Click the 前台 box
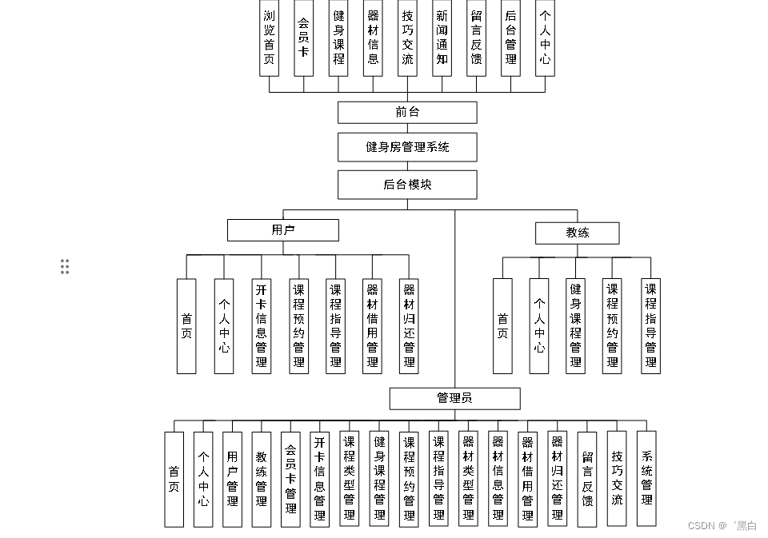pos(407,112)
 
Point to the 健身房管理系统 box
pos(407,147)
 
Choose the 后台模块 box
pos(407,184)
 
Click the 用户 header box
pos(282,230)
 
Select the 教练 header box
pos(577,233)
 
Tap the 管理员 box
pos(454,398)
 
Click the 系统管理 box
pos(646,478)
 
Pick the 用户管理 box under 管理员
pos(232,479)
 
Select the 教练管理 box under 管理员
pos(262,479)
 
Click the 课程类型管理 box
pos(350,479)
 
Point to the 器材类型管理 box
pos(468,479)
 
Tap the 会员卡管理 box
pos(291,479)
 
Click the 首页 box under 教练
pos(502,325)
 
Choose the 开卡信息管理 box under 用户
pos(262,325)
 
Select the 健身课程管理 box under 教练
pos(576,325)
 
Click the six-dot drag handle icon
pos(65,267)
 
